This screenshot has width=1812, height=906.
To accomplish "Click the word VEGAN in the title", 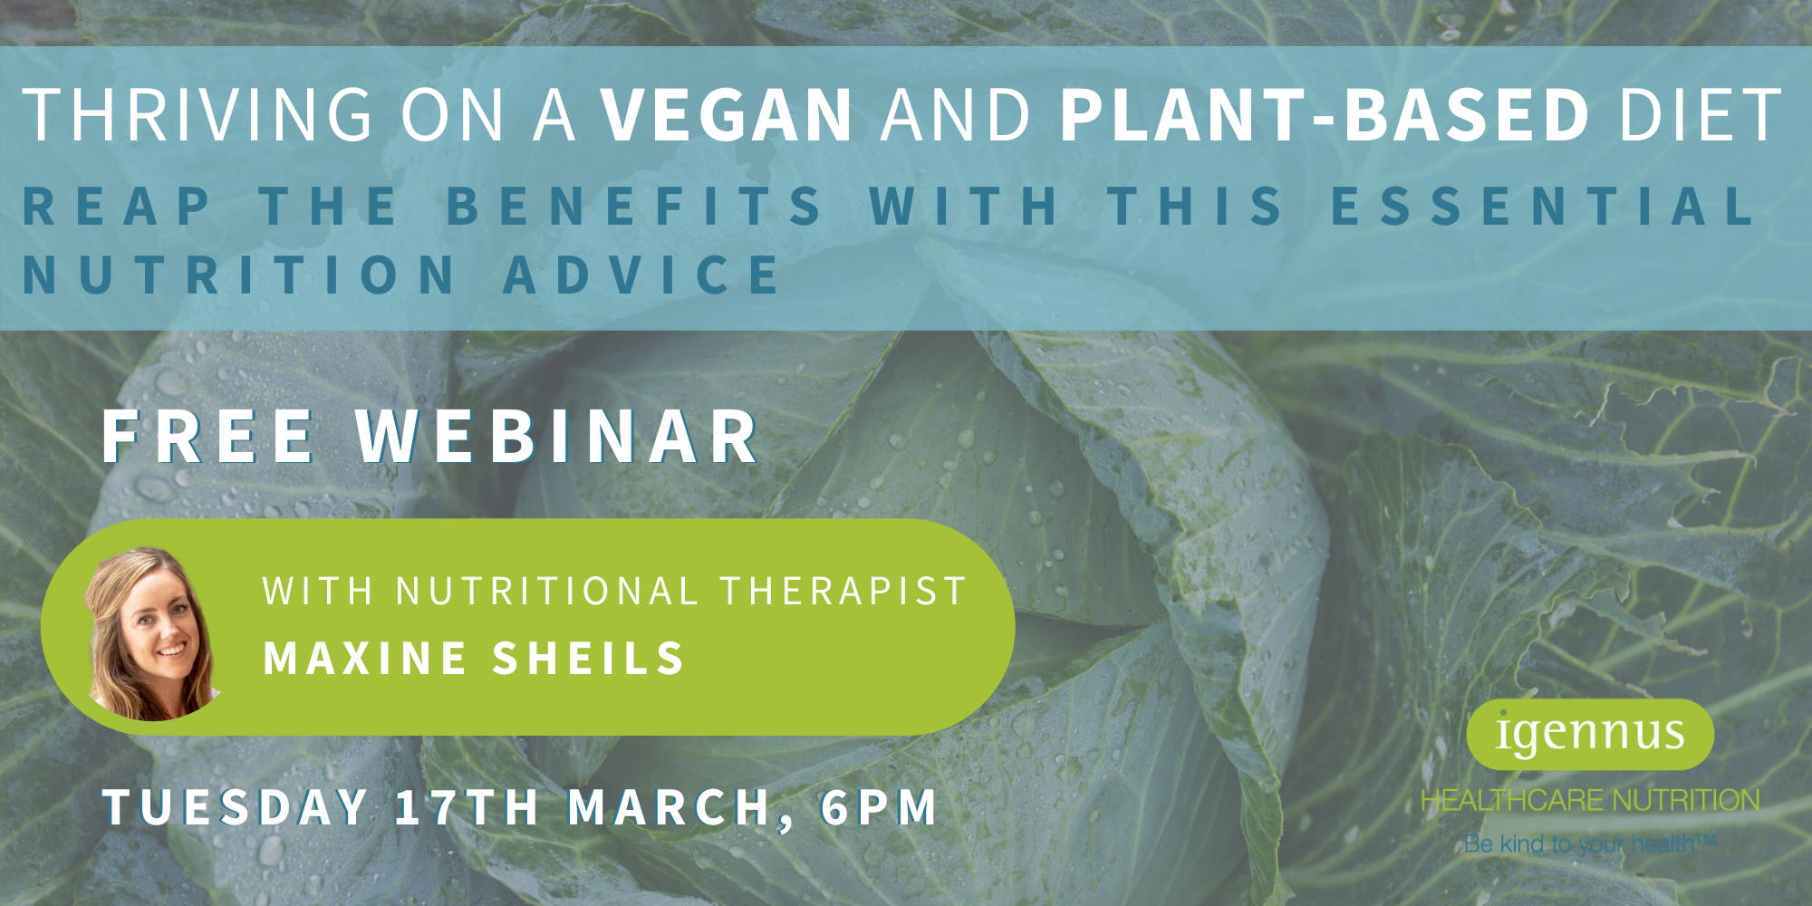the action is pyautogui.click(x=727, y=114).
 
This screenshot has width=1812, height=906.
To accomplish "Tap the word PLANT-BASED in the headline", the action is pyautogui.click(x=1325, y=114).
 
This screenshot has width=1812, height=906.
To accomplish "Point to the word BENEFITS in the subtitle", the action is pyautogui.click(x=634, y=205).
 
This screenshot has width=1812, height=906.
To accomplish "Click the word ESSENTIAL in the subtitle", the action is pyautogui.click(x=1542, y=205).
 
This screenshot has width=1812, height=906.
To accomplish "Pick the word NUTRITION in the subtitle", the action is pyautogui.click(x=239, y=275).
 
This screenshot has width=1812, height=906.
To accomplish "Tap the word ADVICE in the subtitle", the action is pyautogui.click(x=642, y=275).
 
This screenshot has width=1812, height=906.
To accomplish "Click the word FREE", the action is pyautogui.click(x=207, y=437).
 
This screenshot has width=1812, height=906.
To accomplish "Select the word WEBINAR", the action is pyautogui.click(x=557, y=437).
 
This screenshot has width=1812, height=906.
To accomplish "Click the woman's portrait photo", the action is pyautogui.click(x=151, y=633).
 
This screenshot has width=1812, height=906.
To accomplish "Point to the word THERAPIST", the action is pyautogui.click(x=843, y=591).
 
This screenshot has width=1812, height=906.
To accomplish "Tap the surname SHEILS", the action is pyautogui.click(x=588, y=658).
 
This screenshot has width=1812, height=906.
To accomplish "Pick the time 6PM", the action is pyautogui.click(x=879, y=806).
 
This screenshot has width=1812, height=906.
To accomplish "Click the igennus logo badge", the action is pyautogui.click(x=1590, y=734).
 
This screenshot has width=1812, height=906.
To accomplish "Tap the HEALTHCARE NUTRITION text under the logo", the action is pyautogui.click(x=1590, y=800).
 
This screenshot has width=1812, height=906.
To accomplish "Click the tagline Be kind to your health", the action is pyautogui.click(x=1590, y=844).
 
